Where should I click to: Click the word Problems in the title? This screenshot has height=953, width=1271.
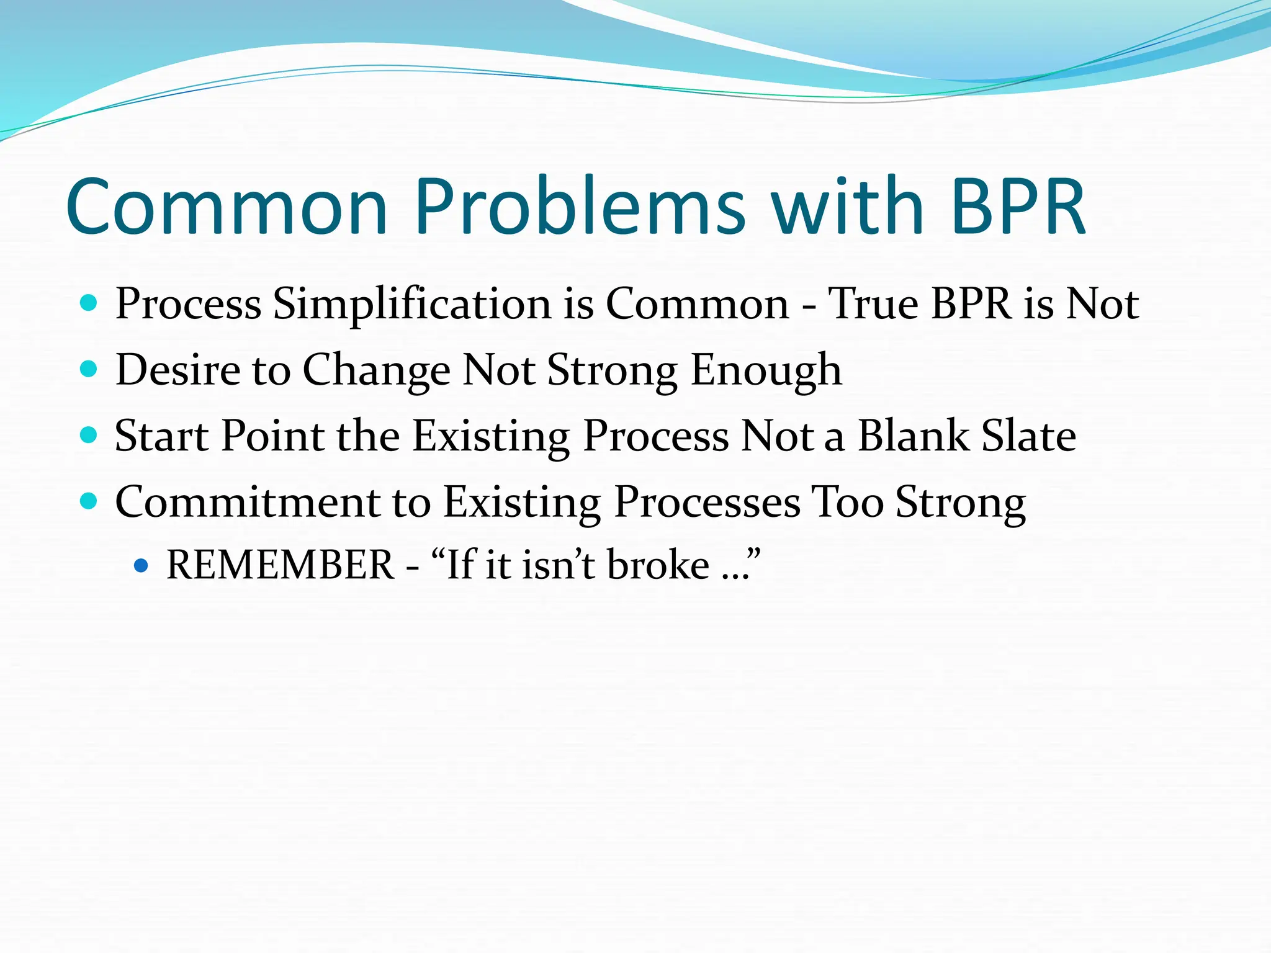tap(580, 208)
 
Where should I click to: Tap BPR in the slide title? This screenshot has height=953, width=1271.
tap(1018, 208)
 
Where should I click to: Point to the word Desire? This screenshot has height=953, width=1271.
tap(177, 370)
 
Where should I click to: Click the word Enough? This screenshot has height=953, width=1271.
tap(766, 371)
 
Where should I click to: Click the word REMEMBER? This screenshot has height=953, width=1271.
tap(280, 565)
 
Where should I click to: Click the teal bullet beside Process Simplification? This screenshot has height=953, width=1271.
tap(89, 303)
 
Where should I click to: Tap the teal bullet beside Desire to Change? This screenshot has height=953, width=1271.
tap(89, 369)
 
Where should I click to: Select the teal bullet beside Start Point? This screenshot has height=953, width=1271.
tap(89, 435)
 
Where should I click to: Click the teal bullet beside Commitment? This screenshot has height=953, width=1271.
tap(89, 501)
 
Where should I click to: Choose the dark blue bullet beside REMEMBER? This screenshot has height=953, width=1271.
tap(141, 565)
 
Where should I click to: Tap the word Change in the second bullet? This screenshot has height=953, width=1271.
tap(376, 371)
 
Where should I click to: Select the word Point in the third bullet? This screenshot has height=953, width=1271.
tap(273, 436)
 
